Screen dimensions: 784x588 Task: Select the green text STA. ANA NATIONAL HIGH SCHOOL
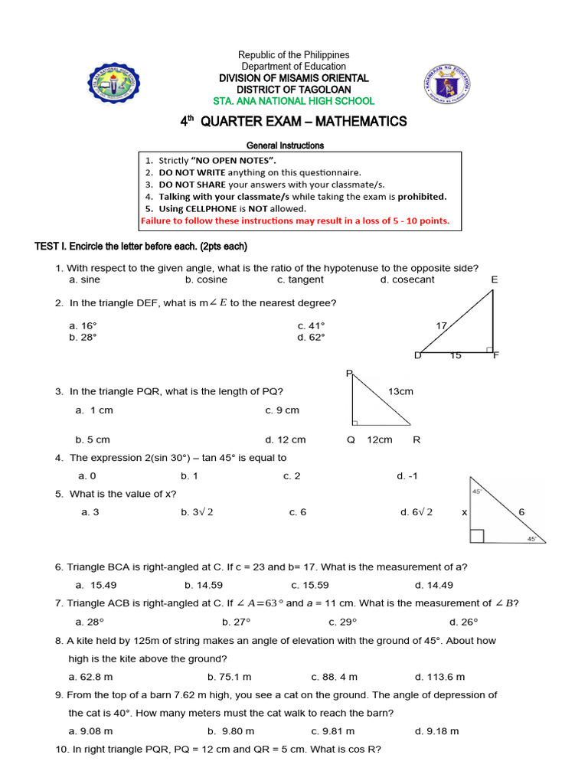coord(294,100)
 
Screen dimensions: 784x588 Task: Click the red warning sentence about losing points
coord(295,221)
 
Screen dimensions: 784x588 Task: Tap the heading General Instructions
coord(285,145)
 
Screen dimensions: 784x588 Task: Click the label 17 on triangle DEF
coord(441,325)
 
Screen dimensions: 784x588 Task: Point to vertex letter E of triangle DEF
coord(495,280)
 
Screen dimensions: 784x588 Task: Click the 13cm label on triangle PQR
coord(400,391)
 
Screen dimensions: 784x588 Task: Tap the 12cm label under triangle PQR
coord(380,439)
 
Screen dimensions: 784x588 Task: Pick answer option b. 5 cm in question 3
coord(93,439)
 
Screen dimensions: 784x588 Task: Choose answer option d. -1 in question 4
coord(407,475)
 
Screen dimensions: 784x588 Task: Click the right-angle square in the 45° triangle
coord(476,535)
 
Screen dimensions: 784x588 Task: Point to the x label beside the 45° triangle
coord(464,512)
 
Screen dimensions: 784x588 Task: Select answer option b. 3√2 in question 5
coord(197,512)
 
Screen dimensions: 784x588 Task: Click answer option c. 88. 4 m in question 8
coord(334,677)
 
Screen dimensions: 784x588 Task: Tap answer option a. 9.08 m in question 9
coord(90,731)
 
